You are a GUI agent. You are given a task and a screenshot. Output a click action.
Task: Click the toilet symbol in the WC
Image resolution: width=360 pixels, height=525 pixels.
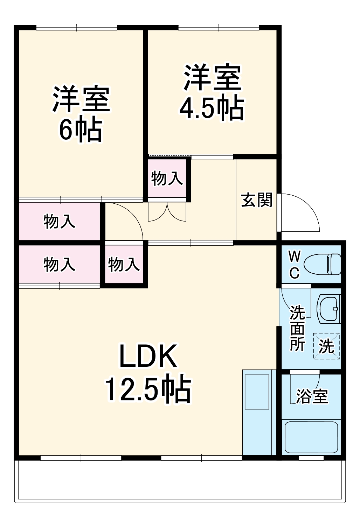tap(322, 265)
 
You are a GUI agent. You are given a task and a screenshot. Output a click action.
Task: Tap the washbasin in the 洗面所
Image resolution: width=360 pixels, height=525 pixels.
tap(329, 309)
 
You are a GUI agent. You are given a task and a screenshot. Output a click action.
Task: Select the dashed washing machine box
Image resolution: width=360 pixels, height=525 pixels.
tap(326, 346)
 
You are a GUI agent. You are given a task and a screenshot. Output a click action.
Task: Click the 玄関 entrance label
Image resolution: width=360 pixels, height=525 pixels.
tap(257, 200)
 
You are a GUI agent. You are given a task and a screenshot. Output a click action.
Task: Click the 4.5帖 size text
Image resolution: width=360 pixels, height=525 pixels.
tap(212, 108)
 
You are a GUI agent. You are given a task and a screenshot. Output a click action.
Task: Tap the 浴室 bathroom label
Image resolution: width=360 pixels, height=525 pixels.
tap(312, 396)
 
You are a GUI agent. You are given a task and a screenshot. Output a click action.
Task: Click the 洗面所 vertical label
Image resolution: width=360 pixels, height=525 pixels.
tap(297, 328)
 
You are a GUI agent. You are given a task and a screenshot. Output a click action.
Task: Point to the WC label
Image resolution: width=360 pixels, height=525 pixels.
tap(294, 265)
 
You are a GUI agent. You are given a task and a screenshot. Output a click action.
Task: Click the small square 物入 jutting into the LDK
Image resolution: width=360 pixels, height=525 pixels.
tap(124, 264)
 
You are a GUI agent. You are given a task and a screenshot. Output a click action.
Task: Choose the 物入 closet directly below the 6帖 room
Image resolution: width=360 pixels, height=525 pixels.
tap(59, 221)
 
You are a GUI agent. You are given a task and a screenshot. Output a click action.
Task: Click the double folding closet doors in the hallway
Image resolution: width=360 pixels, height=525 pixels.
tap(167, 212)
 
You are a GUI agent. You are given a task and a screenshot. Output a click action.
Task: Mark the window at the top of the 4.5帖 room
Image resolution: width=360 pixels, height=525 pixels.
tap(219, 28)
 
